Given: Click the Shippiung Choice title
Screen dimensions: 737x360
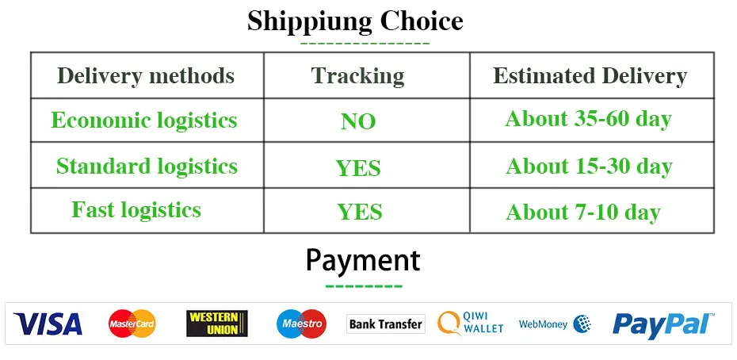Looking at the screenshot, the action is pyautogui.click(x=355, y=21).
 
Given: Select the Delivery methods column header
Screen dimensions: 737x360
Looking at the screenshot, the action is pyautogui.click(x=146, y=76).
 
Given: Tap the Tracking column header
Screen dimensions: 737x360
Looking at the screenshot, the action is pyautogui.click(x=357, y=76).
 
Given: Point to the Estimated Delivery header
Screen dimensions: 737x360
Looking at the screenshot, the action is pyautogui.click(x=590, y=76).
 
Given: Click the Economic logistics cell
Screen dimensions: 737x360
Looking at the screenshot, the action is pyautogui.click(x=143, y=121).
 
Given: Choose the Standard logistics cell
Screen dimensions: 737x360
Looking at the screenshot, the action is pyautogui.click(x=147, y=166).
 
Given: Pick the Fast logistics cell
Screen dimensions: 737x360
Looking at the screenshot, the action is pyautogui.click(x=136, y=209).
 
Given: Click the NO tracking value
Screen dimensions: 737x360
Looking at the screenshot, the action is pyautogui.click(x=358, y=122).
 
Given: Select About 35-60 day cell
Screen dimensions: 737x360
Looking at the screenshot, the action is pyautogui.click(x=589, y=120).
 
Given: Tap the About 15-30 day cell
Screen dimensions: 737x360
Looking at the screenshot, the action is pyautogui.click(x=589, y=166).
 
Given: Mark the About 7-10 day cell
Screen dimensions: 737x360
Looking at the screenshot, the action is pyautogui.click(x=583, y=213).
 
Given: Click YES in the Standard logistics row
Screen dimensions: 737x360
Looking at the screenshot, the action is pyautogui.click(x=358, y=168).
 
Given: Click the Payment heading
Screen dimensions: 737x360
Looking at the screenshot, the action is pyautogui.click(x=363, y=261).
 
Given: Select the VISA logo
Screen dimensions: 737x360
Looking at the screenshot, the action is pyautogui.click(x=48, y=324).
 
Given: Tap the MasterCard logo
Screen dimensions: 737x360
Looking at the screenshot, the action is pyautogui.click(x=132, y=324).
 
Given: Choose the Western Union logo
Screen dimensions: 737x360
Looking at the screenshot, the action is pyautogui.click(x=217, y=324).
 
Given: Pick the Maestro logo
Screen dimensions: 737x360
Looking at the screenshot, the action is pyautogui.click(x=302, y=324).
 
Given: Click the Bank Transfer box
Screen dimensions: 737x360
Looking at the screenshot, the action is pyautogui.click(x=386, y=324).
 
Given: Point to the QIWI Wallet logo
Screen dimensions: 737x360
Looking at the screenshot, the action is pyautogui.click(x=471, y=323).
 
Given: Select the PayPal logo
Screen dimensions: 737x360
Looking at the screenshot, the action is pyautogui.click(x=663, y=324).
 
